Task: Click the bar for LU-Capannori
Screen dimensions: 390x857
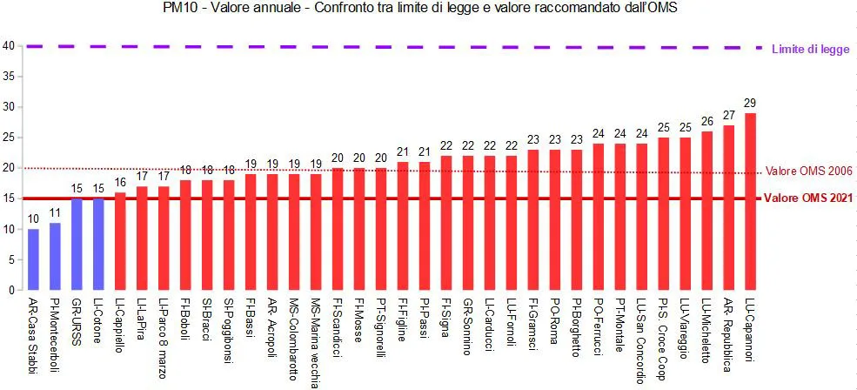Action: click(x=750, y=201)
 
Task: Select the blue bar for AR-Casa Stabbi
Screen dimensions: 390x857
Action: click(x=33, y=259)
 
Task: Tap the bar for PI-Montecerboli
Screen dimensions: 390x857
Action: click(x=55, y=257)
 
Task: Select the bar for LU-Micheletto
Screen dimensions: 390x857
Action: click(x=706, y=211)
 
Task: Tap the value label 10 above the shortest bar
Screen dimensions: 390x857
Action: click(x=33, y=219)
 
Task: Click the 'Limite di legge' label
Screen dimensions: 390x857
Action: click(x=811, y=49)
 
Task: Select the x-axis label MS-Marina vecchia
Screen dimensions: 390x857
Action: click(x=315, y=339)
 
